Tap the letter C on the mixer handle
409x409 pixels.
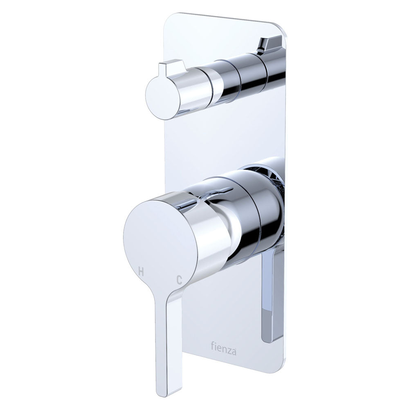179,279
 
